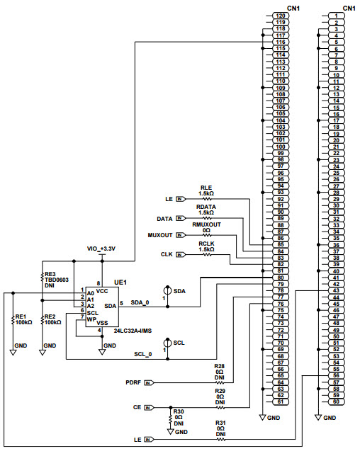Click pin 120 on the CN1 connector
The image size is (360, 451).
[x=281, y=16]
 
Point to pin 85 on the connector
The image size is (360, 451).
[x=281, y=244]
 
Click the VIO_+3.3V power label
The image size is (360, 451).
[x=101, y=249]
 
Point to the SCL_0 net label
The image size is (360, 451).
[x=143, y=354]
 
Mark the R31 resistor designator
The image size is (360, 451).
[x=220, y=423]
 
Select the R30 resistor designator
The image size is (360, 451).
[x=179, y=411]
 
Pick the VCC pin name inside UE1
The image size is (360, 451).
[x=103, y=291]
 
